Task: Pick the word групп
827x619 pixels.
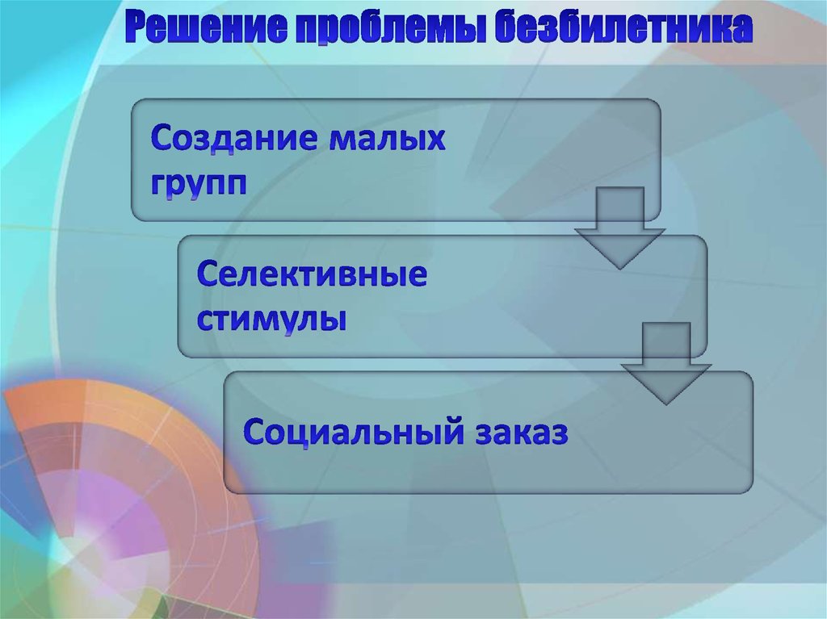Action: coord(197,183)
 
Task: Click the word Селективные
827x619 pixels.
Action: coord(312,277)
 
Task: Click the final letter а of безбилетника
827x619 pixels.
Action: coord(745,30)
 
